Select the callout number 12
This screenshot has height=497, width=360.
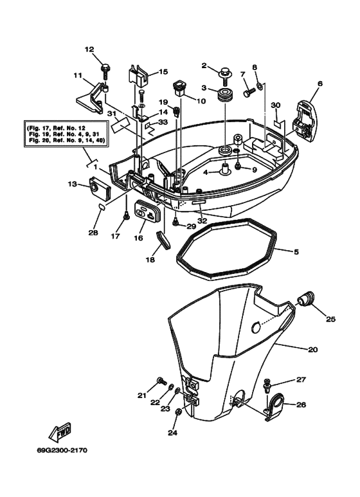click(89, 49)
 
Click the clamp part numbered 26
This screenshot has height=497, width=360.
click(278, 406)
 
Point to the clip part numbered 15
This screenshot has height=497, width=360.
click(138, 75)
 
